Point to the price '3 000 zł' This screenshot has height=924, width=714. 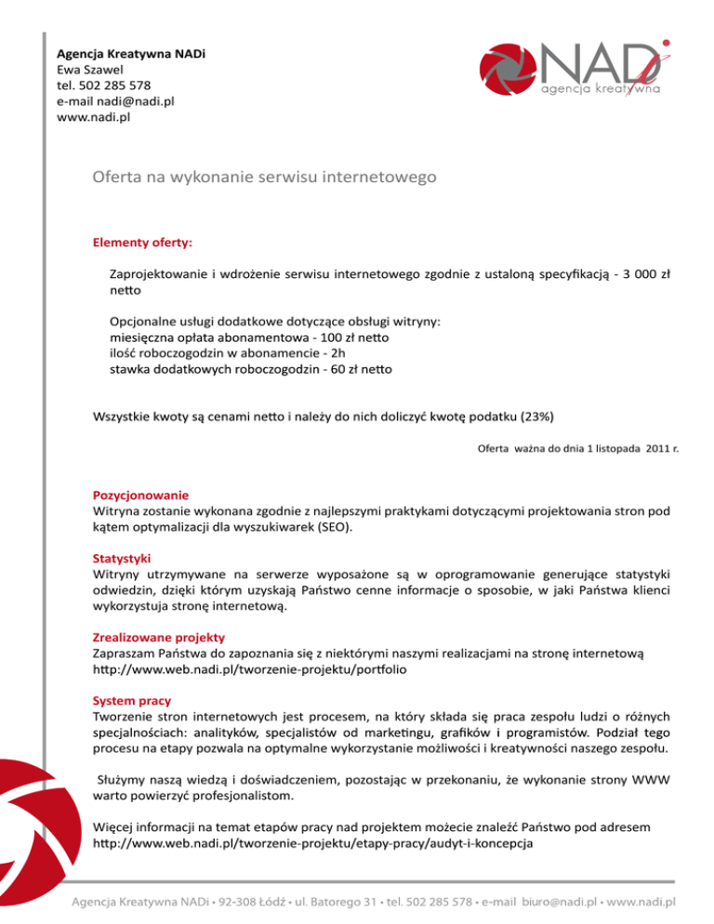click(x=649, y=275)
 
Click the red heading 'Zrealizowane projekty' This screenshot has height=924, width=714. click(x=159, y=640)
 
